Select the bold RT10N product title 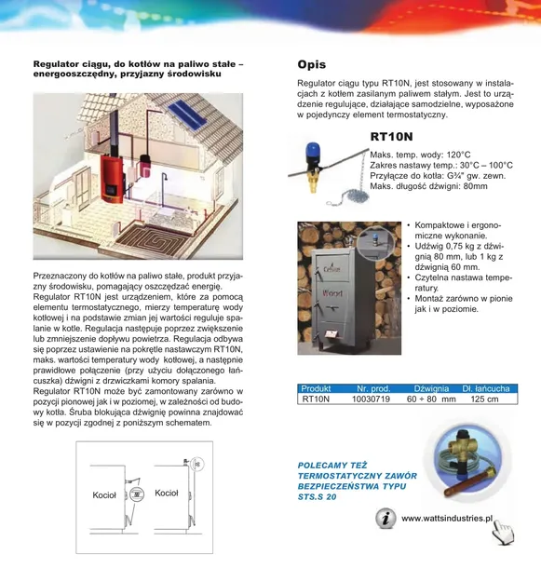click(x=396, y=137)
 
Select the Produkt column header click(x=317, y=387)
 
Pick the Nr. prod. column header click(x=373, y=387)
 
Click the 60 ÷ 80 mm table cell click(x=431, y=399)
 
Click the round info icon click(x=385, y=519)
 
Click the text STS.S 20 click(x=318, y=497)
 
